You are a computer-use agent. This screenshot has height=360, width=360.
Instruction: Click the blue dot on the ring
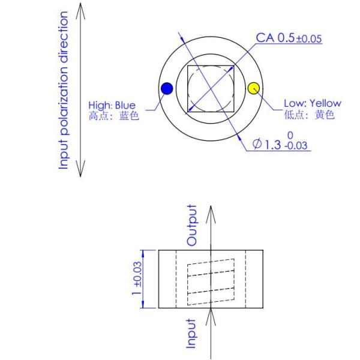[167, 89]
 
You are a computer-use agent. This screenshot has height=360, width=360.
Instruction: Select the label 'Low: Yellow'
[312, 104]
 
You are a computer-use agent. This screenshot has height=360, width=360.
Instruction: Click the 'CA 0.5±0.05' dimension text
[289, 38]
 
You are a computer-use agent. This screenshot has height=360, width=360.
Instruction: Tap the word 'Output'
[192, 225]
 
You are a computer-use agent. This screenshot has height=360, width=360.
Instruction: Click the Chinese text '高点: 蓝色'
[113, 116]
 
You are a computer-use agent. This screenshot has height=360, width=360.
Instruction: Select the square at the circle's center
[211, 89]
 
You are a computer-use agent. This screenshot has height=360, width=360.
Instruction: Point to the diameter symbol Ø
[257, 145]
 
